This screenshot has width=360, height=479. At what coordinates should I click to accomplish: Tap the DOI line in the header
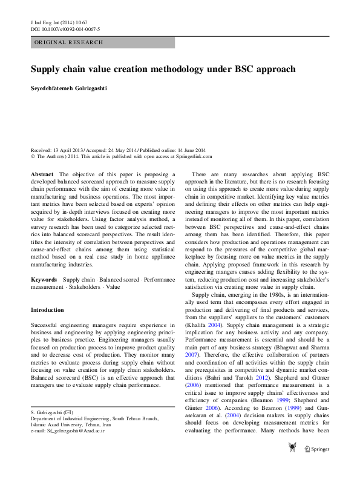(65, 28)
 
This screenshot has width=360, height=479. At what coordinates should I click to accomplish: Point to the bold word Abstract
(42, 174)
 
